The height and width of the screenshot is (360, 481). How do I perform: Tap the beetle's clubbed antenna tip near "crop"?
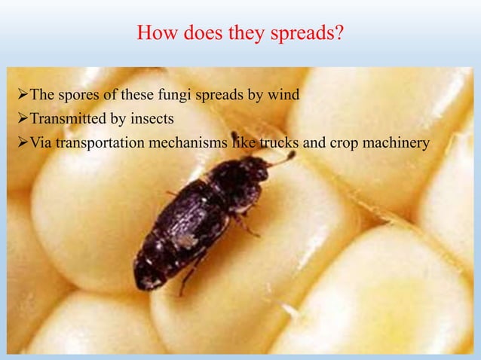(290, 156)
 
